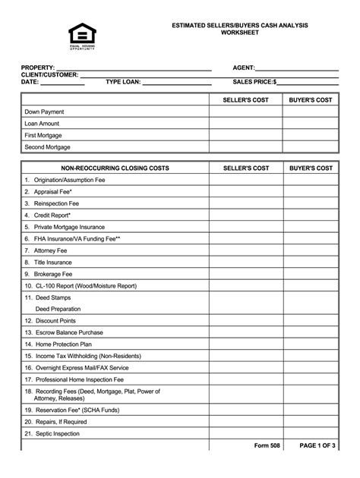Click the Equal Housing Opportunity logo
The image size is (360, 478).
pos(83,35)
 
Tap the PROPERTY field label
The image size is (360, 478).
pos(39,67)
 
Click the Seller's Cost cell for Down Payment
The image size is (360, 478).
pos(245,112)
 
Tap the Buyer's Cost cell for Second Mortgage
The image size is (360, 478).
pos(311,147)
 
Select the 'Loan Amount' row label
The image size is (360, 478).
pos(42,123)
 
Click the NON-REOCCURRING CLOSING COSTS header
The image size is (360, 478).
pos(115,168)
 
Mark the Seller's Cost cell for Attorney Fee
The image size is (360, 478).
pos(245,250)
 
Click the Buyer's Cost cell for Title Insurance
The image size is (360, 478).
pos(311,262)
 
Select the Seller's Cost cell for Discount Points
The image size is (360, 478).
pos(245,320)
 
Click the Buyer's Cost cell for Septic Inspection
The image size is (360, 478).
pos(311,433)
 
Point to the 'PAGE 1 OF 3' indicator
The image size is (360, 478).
pos(317,445)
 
